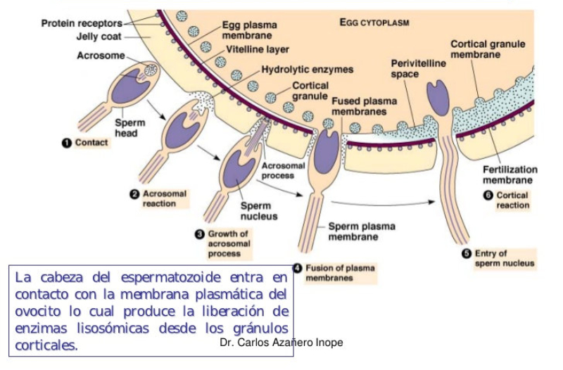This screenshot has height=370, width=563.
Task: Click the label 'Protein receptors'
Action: coord(82,23)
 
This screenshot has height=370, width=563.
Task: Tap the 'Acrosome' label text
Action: coord(101,56)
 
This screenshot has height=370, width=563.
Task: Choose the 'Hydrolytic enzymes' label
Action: coord(307,70)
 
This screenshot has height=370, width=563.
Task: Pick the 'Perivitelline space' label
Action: coord(418,68)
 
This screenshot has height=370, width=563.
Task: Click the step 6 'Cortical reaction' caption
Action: coord(512,200)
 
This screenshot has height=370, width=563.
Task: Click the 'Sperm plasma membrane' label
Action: coord(362,231)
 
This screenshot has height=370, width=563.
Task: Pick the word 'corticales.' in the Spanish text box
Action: coord(46,345)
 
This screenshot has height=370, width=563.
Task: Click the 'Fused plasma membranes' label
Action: coord(359,106)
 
